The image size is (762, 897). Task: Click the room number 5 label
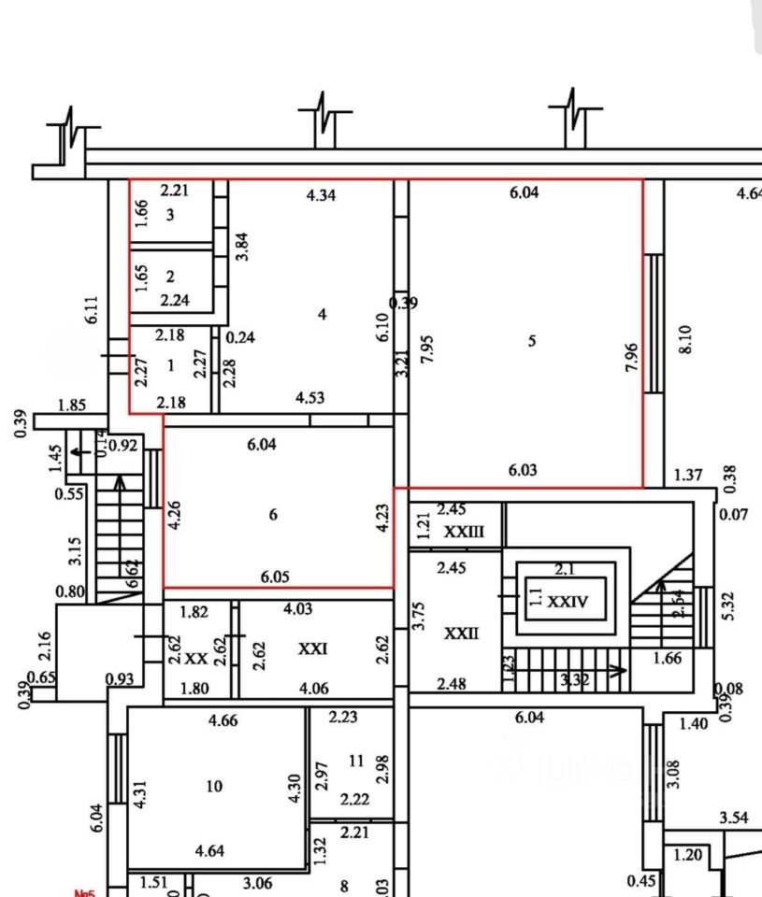click(532, 341)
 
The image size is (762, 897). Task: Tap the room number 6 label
click(273, 514)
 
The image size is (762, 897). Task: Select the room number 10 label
click(214, 786)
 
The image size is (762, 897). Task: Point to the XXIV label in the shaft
click(568, 602)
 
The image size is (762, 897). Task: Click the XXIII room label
click(464, 532)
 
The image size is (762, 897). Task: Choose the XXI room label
click(312, 648)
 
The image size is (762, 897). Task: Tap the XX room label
click(195, 658)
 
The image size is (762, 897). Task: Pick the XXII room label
click(461, 634)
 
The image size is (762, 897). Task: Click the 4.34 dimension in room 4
click(321, 195)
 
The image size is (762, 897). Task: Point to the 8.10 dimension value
click(686, 339)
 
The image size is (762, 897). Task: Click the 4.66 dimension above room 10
click(223, 719)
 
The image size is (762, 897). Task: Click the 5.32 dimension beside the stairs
click(729, 605)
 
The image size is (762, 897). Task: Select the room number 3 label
click(170, 215)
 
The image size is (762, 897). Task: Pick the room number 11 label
click(355, 761)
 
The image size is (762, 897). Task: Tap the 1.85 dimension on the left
click(71, 405)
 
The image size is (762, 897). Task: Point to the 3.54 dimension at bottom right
click(734, 818)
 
